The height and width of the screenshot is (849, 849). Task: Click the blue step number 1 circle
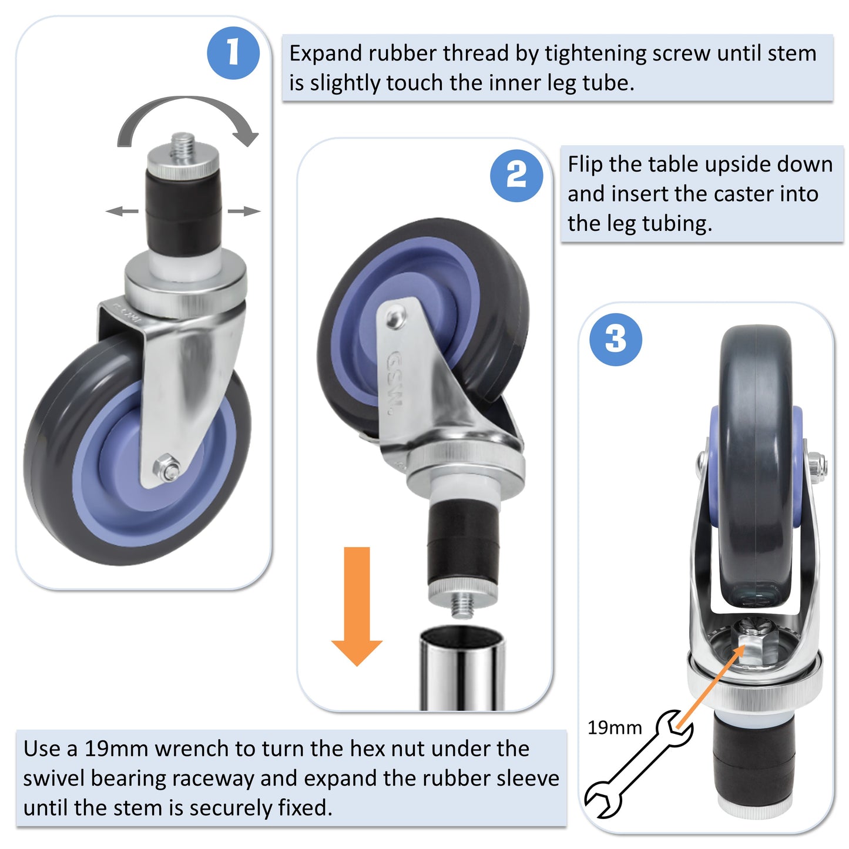[233, 53]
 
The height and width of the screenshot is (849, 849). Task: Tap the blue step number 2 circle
[516, 175]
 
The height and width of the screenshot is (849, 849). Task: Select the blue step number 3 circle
[616, 339]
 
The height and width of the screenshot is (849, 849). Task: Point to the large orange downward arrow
[357, 606]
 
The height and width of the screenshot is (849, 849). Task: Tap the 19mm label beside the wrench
[615, 728]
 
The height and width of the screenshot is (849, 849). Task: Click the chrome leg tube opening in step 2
[462, 637]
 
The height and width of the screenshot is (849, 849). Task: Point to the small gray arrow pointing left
[122, 211]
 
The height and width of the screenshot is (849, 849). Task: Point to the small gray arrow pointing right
[244, 211]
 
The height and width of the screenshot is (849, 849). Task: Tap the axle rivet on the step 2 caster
[395, 318]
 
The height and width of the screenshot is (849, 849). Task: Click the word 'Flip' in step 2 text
[585, 165]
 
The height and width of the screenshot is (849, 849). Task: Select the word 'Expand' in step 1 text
[325, 53]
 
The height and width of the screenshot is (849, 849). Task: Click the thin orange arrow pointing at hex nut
[710, 686]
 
